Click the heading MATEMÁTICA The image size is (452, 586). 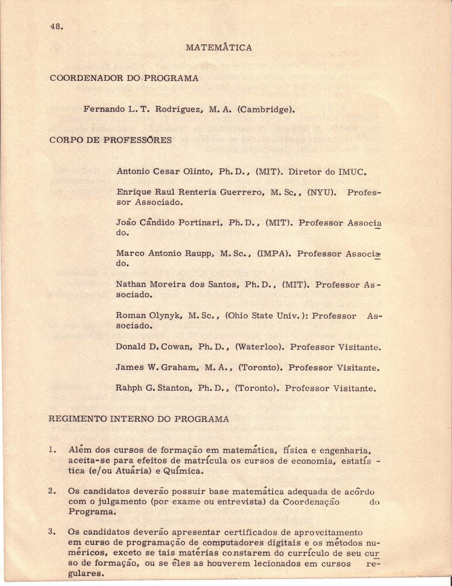(x=219, y=48)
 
